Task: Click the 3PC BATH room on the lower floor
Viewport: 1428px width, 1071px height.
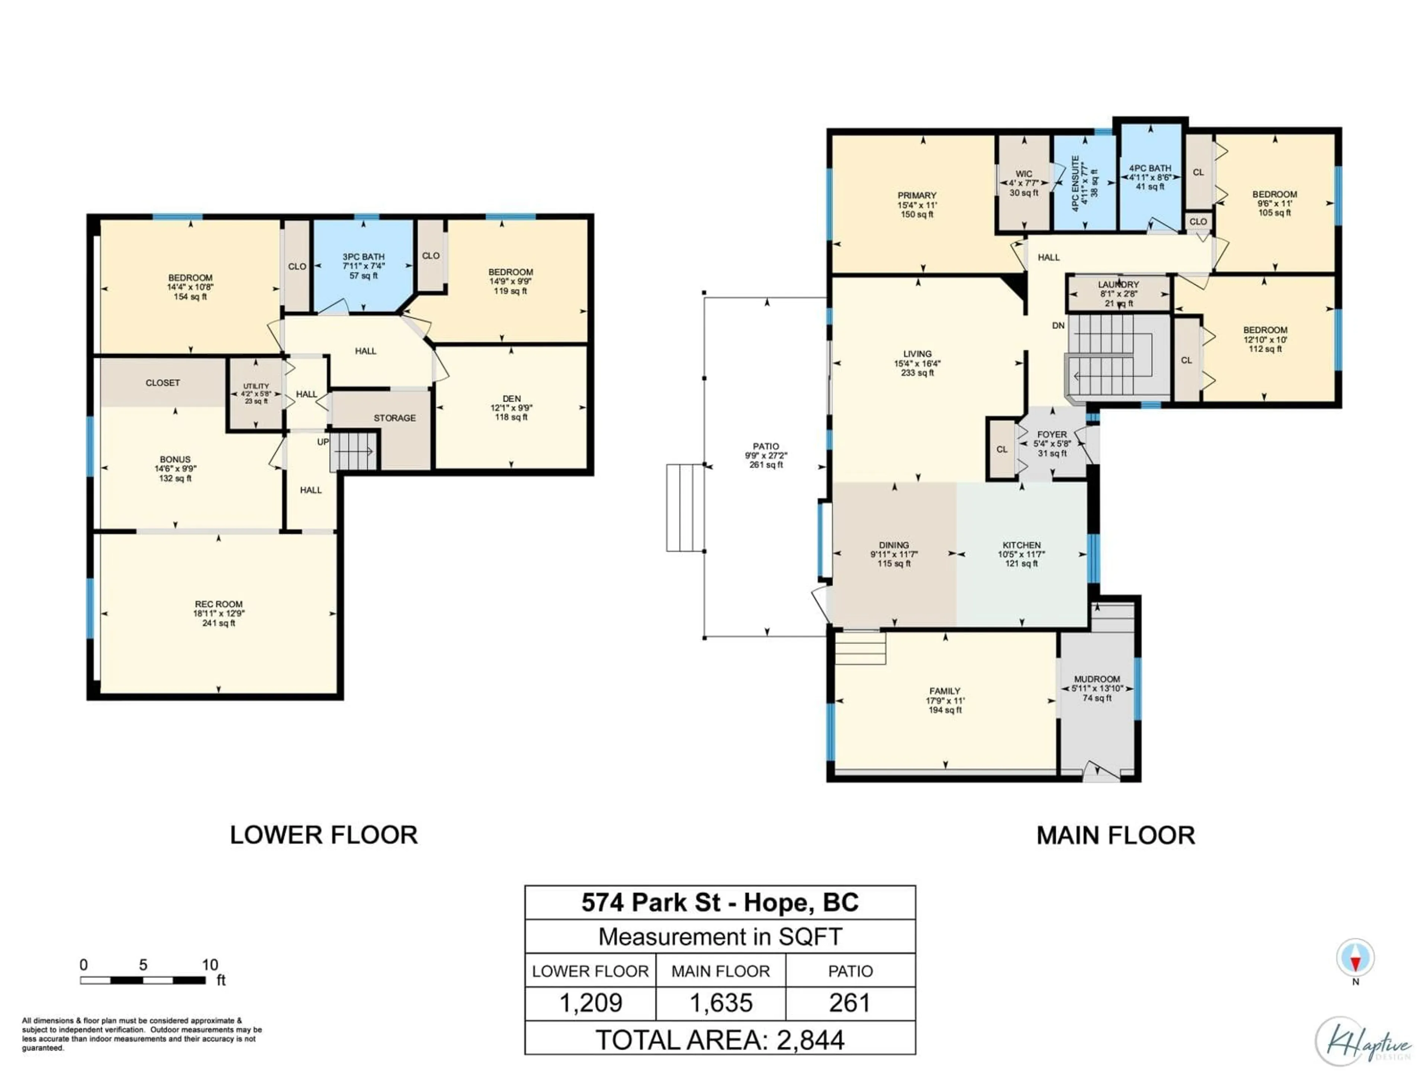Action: coord(363,265)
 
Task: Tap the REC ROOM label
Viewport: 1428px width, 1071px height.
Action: coord(219,604)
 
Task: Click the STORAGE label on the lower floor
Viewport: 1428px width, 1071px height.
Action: coord(395,418)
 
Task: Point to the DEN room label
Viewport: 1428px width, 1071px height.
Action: coord(511,399)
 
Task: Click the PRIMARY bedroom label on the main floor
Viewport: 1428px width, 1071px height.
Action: coord(917,196)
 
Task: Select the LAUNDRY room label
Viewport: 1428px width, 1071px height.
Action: coord(1119,285)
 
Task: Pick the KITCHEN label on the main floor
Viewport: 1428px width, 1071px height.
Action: coord(1021,546)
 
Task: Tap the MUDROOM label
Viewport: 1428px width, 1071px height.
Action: coord(1097,679)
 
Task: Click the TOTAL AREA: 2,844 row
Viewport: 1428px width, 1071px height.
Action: coord(720,1040)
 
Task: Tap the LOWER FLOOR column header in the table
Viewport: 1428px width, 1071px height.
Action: coord(590,972)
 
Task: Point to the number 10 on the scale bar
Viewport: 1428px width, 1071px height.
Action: coord(210,965)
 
